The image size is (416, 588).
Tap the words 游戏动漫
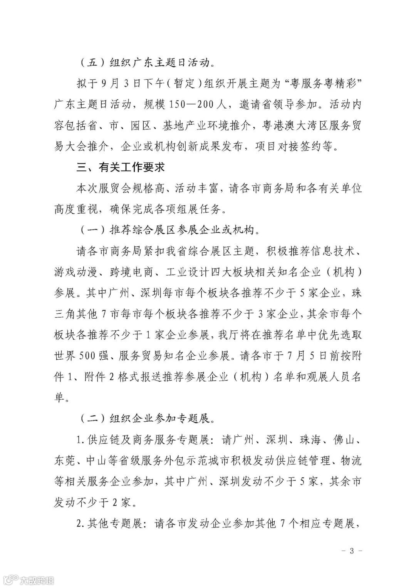tap(75, 273)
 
